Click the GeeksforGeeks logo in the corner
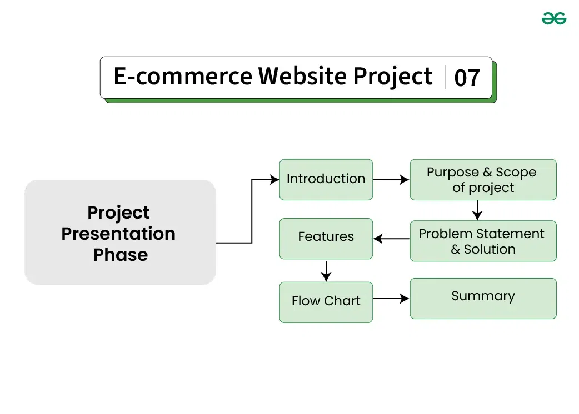click(x=554, y=18)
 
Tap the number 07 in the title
click(x=467, y=78)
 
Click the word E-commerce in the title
click(x=182, y=77)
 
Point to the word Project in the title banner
click(x=393, y=77)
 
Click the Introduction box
click(x=326, y=179)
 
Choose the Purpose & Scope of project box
click(x=483, y=179)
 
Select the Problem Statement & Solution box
click(x=483, y=241)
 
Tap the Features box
click(x=326, y=238)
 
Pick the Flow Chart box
click(x=326, y=301)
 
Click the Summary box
click(x=483, y=298)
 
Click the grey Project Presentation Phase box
click(x=120, y=232)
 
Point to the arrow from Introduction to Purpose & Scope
click(x=391, y=179)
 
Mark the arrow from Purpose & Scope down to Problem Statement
click(x=477, y=210)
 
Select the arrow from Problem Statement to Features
click(x=391, y=239)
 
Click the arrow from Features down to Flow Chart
click(x=326, y=270)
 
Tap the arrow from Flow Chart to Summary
click(x=391, y=299)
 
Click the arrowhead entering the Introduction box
click(x=274, y=179)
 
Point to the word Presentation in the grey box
click(x=118, y=234)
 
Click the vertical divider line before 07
click(x=445, y=77)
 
